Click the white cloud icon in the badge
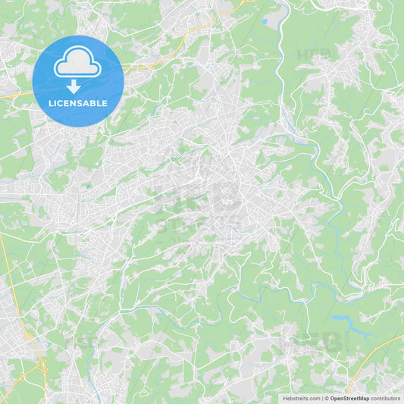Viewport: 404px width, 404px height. (78, 62)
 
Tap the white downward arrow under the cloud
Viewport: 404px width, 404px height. (74, 86)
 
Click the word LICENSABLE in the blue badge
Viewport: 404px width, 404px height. (78, 103)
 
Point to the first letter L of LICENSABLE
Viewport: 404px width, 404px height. (51, 103)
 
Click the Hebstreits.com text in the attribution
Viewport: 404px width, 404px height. (301, 398)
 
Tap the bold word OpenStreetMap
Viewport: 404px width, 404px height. (349, 398)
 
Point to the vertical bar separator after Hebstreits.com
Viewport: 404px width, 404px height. (321, 398)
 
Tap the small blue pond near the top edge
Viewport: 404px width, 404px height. (264, 22)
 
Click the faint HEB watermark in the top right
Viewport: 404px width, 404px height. (312, 55)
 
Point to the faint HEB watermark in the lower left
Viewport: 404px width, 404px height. (83, 343)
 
